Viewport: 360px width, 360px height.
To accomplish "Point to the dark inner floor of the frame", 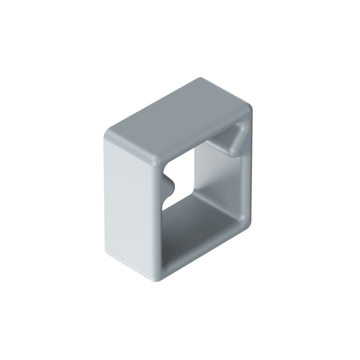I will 202,220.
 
